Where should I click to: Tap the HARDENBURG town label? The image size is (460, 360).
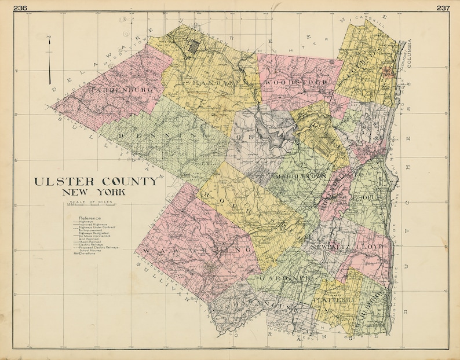tap(121, 90)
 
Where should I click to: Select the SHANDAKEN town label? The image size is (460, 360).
tap(220, 83)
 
